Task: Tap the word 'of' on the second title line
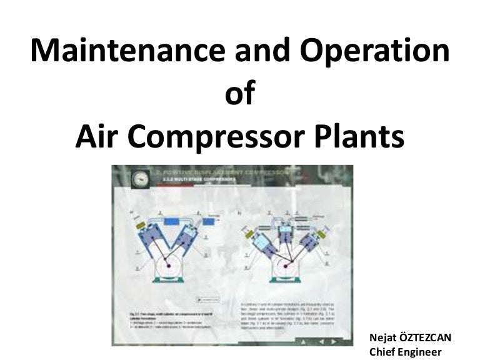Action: pos(240,94)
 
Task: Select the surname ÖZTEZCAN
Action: pos(426,337)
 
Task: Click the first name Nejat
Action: pos(384,337)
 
